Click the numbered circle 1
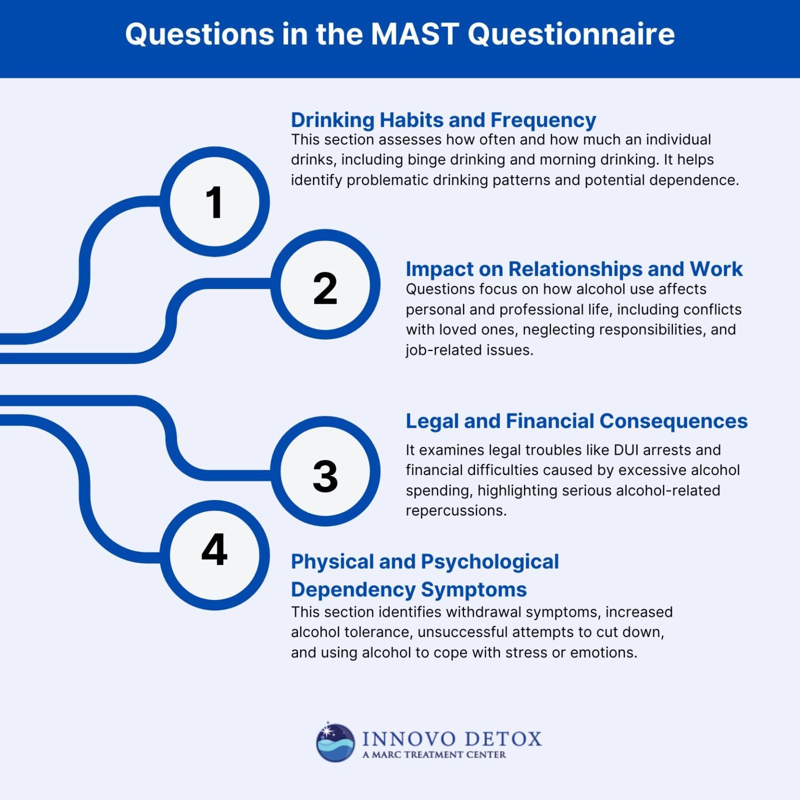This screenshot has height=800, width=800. [x=215, y=202]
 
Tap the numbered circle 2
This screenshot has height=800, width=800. [x=325, y=284]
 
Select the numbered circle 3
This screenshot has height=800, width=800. [x=325, y=471]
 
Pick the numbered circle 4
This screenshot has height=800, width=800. [x=215, y=555]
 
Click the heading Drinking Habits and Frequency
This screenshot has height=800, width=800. [x=443, y=120]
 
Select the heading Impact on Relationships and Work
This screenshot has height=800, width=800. [x=574, y=269]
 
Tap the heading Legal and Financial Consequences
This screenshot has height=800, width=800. [x=577, y=421]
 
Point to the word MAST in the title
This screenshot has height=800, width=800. [x=414, y=34]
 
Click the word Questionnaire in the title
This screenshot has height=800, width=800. [x=571, y=34]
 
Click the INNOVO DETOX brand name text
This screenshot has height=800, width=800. [x=452, y=739]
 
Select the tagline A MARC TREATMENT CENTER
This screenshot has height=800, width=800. [x=434, y=755]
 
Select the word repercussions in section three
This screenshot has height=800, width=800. [x=456, y=510]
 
